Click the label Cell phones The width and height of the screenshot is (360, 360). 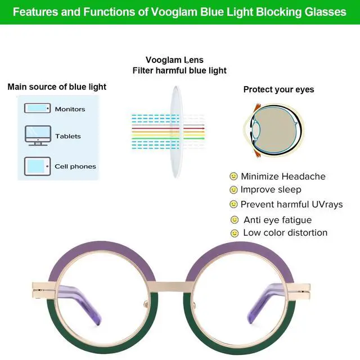pyautogui.click(x=75, y=166)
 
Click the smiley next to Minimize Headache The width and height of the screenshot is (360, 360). pyautogui.click(x=233, y=176)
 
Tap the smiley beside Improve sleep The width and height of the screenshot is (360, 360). pyautogui.click(x=233, y=190)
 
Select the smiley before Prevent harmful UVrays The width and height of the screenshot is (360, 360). pyautogui.click(x=233, y=204)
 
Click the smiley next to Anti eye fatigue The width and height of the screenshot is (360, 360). pyautogui.click(x=235, y=219)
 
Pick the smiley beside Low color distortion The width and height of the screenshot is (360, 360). pyautogui.click(x=235, y=233)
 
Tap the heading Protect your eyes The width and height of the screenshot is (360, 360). pyautogui.click(x=278, y=89)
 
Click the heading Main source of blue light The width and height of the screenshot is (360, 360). pyautogui.click(x=57, y=87)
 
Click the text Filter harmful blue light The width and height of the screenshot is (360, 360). pyautogui.click(x=179, y=71)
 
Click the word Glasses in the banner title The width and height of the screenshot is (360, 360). pyautogui.click(x=328, y=12)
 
